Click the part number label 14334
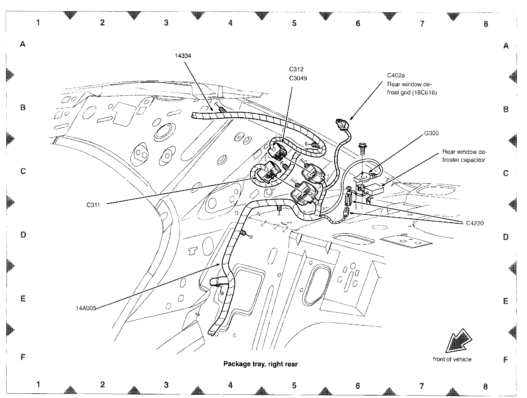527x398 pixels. point(183,56)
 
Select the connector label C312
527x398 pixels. point(296,69)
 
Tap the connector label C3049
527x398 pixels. point(298,78)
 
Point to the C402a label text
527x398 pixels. point(396,75)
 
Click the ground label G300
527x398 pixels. point(431,133)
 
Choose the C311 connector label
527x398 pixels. point(93,205)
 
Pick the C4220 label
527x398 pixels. point(475,223)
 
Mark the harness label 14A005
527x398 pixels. point(86,308)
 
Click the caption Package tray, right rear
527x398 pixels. point(260,364)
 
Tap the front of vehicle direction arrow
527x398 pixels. point(458,341)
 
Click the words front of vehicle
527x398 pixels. point(452,359)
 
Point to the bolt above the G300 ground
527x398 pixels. point(362,147)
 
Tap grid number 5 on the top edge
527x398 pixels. point(294,23)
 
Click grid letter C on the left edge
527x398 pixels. point(23,171)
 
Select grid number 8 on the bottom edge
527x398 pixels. point(485,386)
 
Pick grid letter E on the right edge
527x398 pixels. point(505,301)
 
